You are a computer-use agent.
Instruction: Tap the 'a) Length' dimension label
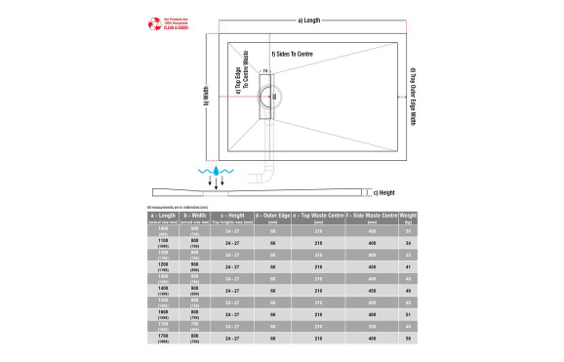click(307, 20)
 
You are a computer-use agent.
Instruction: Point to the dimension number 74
click(264, 71)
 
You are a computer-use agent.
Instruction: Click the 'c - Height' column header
click(232, 215)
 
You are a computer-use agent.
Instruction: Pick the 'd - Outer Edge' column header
click(272, 215)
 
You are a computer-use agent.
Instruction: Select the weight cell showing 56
click(408, 337)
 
